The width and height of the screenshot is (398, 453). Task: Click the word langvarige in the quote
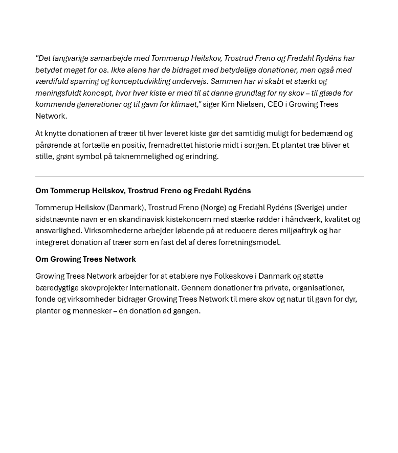tap(70, 59)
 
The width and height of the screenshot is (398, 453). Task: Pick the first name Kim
tap(228, 104)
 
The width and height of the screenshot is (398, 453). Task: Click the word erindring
tap(202, 156)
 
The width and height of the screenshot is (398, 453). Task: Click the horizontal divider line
tap(200, 176)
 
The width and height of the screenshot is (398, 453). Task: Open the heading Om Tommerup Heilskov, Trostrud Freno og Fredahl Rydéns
tap(143, 191)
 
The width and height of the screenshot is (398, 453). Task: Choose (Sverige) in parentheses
tap(309, 208)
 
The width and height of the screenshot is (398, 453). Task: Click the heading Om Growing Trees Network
tap(85, 259)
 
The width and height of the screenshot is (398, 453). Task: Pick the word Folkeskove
tap(233, 276)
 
